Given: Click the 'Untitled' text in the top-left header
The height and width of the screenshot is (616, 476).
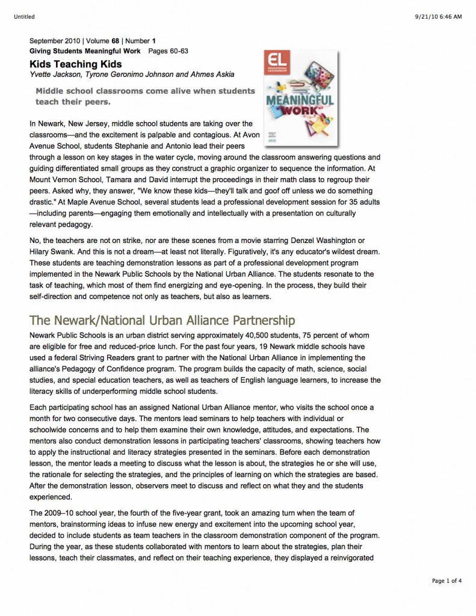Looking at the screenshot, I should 22,16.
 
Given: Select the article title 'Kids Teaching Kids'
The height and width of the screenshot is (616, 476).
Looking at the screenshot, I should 76,64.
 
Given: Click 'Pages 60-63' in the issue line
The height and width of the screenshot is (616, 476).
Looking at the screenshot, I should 168,51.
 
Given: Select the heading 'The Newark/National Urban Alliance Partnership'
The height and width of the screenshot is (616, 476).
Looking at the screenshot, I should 162,319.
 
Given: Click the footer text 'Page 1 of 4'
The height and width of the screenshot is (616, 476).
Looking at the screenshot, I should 447,581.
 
